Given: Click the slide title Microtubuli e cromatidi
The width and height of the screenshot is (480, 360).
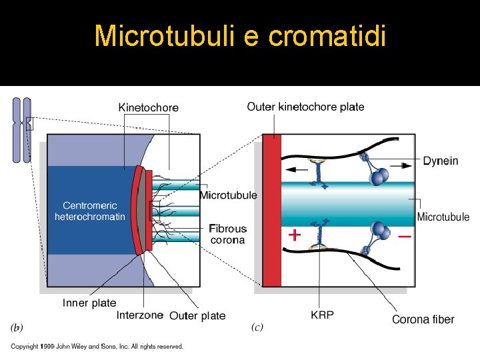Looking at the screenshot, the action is click(x=240, y=35).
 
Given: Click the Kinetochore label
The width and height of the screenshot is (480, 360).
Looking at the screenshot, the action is click(x=148, y=107).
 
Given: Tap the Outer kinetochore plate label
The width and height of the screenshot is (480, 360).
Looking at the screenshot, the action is click(x=305, y=107).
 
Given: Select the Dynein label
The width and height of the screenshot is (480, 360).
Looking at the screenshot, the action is click(x=441, y=161).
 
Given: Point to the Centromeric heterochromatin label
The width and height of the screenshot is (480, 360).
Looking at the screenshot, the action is click(x=90, y=211).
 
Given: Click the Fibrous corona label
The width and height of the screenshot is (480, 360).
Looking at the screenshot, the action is click(x=228, y=234).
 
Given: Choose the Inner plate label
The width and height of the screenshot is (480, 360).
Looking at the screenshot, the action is click(x=89, y=303).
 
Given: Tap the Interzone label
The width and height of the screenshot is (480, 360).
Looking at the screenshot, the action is click(x=139, y=315).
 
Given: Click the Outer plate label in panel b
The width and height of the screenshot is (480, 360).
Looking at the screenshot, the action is click(x=197, y=315).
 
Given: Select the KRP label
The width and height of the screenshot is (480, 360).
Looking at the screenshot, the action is click(x=323, y=315).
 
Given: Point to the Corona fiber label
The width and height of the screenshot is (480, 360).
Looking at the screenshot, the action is click(x=423, y=319).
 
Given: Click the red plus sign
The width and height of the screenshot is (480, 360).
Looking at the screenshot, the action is click(x=294, y=235).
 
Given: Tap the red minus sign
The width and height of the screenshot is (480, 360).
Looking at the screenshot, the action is click(x=404, y=237).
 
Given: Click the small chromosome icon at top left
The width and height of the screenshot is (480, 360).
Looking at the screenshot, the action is click(x=22, y=130).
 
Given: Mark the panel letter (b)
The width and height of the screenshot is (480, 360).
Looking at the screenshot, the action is click(x=17, y=328).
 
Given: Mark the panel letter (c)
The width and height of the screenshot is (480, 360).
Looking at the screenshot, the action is click(x=257, y=327).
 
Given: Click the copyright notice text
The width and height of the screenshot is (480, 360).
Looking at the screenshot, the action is click(x=97, y=346).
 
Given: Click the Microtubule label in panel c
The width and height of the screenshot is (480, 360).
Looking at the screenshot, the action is click(x=443, y=217).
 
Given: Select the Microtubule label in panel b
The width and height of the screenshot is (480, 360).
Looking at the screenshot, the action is click(x=228, y=195).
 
